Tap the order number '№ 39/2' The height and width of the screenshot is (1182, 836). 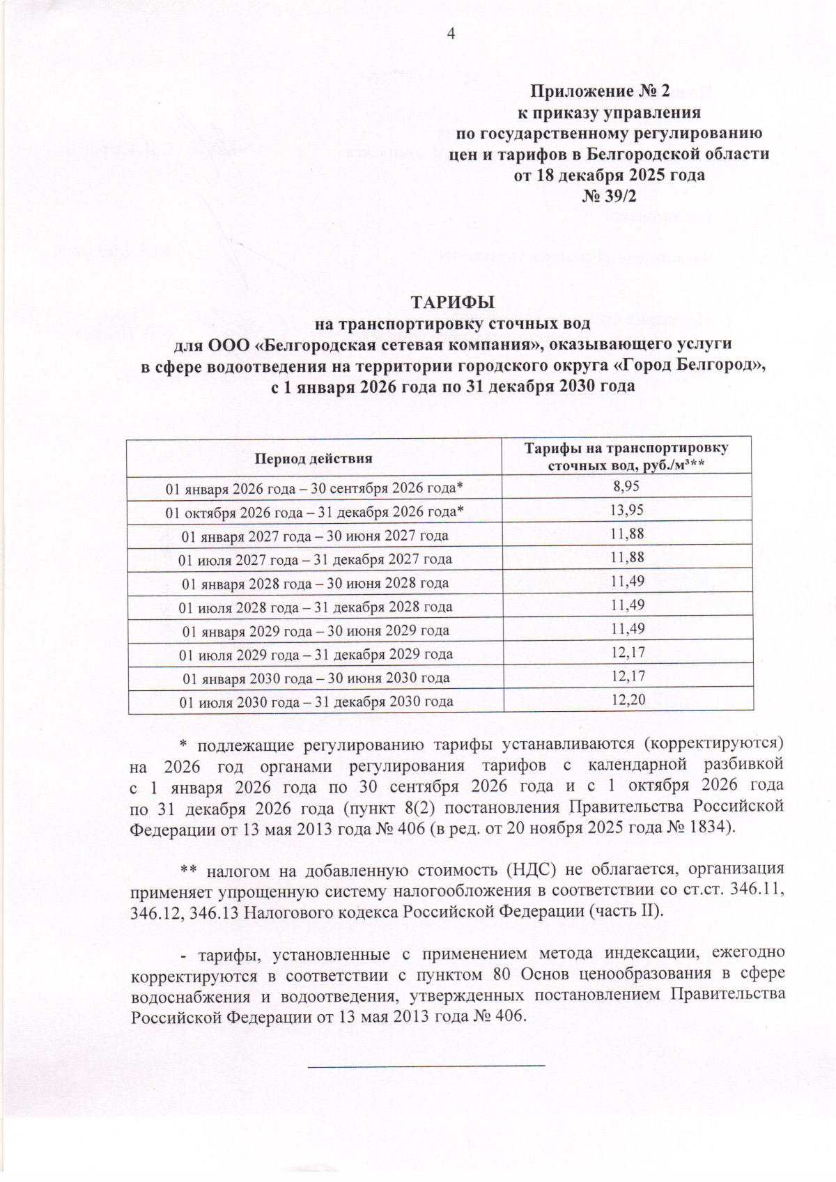pos(610,196)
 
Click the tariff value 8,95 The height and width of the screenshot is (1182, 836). pos(626,486)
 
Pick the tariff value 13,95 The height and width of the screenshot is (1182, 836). pos(626,510)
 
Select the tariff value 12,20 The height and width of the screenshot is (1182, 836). pos(626,699)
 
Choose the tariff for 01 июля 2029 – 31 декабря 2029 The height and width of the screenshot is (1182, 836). pos(626,653)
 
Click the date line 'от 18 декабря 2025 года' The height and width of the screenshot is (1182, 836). pos(609,175)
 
